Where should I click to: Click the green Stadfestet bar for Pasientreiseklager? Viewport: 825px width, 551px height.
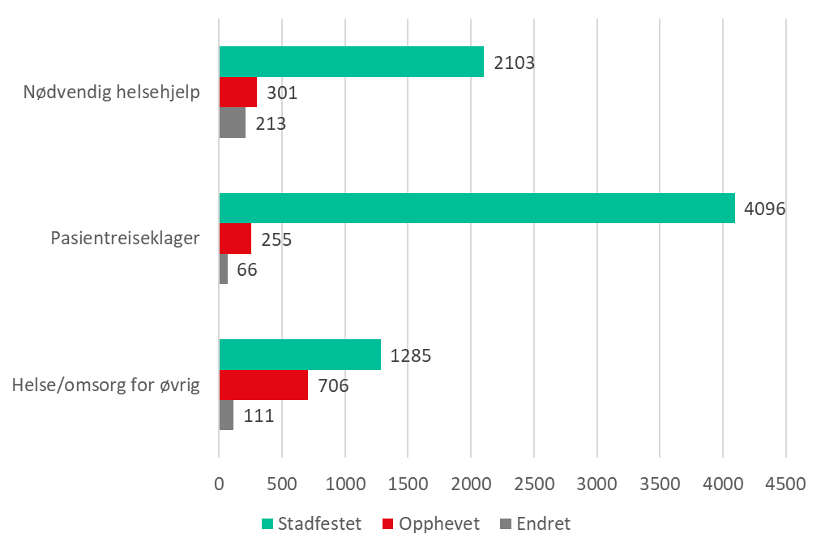pos(477,208)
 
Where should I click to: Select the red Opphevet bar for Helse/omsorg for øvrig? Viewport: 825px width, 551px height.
pos(263,385)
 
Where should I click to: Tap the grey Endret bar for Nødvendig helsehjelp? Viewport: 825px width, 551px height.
pos(232,123)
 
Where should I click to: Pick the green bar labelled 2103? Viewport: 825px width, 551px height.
pos(352,62)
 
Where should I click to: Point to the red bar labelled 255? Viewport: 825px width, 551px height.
pos(235,239)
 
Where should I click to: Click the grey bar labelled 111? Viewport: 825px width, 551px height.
pos(226,415)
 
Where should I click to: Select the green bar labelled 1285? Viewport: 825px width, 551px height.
pos(300,355)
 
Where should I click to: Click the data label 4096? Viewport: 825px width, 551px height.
pos(765,209)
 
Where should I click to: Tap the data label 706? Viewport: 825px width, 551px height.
pos(333,385)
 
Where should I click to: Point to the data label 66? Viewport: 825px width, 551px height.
pos(246,269)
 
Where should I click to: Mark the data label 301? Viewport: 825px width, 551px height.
pos(282,93)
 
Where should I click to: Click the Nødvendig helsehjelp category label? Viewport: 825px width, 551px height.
pos(111,93)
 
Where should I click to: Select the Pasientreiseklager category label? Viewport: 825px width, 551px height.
pos(125,239)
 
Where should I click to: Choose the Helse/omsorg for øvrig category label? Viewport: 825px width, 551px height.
pos(105,385)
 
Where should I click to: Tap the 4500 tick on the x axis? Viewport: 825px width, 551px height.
pos(785,484)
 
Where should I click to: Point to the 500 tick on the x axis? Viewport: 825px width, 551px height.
pos(282,484)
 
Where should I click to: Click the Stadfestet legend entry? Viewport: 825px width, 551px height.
pos(311,524)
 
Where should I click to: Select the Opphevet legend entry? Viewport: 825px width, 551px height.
pos(430,524)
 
